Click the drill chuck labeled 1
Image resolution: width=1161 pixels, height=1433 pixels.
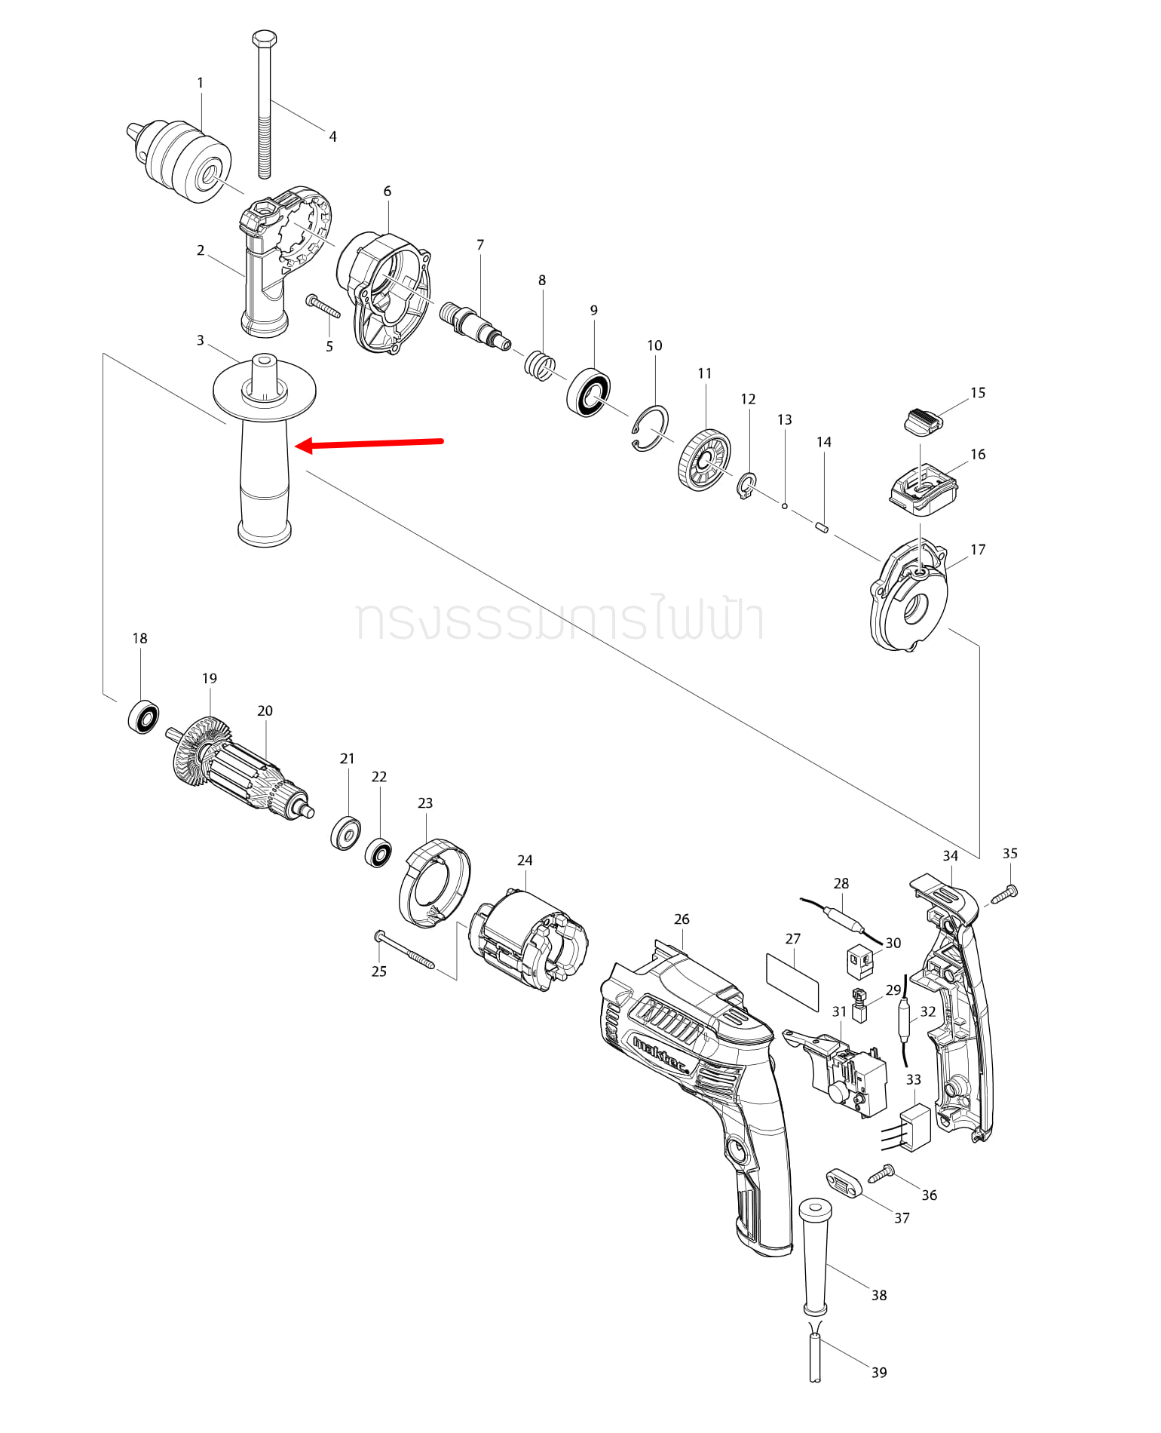coord(181,160)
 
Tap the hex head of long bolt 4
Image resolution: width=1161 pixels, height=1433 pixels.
coord(265,38)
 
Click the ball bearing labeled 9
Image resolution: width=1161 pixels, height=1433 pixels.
coord(589,392)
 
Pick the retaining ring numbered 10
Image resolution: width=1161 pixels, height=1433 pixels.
coord(651,429)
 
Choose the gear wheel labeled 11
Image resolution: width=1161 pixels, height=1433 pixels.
coord(704,460)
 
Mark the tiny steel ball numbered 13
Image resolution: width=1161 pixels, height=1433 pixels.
coord(785,506)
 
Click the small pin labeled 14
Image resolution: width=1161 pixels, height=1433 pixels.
coord(823,526)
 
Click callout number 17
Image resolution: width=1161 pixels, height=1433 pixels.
coord(978,550)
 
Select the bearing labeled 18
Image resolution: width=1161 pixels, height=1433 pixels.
coord(143,716)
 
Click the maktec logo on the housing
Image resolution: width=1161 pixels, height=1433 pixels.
coord(660,1056)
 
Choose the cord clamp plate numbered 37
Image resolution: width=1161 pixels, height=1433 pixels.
coord(844,1182)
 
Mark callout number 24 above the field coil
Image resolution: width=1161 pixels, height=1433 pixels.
coord(525,861)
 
